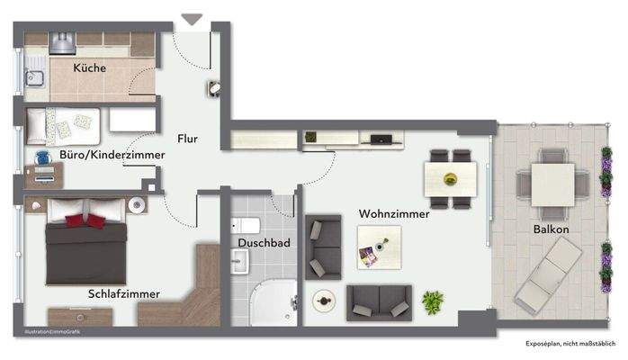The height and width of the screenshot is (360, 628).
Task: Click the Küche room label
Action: pyautogui.click(x=90, y=67)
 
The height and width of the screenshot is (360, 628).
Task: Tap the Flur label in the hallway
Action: pyautogui.click(x=187, y=139)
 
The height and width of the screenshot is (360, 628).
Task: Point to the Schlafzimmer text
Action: pyautogui.click(x=124, y=293)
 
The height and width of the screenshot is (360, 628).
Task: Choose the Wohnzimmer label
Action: pyautogui.click(x=393, y=214)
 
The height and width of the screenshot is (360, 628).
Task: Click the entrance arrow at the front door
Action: pyautogui.click(x=192, y=19)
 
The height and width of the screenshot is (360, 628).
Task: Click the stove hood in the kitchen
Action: pyautogui.click(x=62, y=40)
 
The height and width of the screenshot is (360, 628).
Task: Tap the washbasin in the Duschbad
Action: pyautogui.click(x=240, y=262)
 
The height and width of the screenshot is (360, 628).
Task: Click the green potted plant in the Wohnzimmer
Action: pyautogui.click(x=433, y=301)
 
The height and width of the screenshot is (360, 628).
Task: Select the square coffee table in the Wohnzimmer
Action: pyautogui.click(x=377, y=246)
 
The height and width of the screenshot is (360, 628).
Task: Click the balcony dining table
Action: pyautogui.click(x=552, y=184)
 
